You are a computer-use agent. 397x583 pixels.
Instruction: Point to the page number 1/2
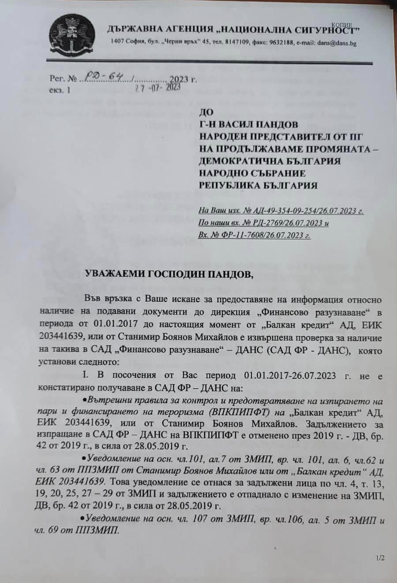[x=380, y=558]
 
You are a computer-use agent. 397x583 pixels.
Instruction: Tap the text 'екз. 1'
[x=60, y=90]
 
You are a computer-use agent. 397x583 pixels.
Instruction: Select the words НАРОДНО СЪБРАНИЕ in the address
[x=252, y=173]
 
